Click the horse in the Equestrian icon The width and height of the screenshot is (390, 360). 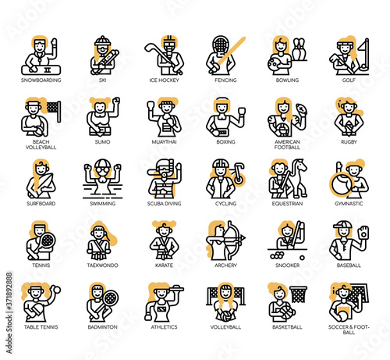pos(300,177)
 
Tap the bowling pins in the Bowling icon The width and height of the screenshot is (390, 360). pos(300,49)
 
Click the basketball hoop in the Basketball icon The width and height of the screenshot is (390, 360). pos(299,294)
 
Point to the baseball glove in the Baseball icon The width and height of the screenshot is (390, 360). pos(363,233)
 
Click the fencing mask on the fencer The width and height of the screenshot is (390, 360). pos(221,44)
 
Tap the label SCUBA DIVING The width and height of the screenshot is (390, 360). pos(164,204)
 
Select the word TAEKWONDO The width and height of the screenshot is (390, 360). pos(102,266)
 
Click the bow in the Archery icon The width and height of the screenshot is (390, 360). pos(235,240)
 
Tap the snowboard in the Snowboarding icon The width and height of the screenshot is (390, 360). pos(41,70)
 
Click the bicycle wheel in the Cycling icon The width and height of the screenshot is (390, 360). pos(238,179)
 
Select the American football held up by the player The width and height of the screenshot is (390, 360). pos(302,108)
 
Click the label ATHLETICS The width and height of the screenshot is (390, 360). pos(164,327)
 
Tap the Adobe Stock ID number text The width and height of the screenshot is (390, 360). pos(9,291)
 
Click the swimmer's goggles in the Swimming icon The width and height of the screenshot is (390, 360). pos(102,170)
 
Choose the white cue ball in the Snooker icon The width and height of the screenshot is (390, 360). pos(302,258)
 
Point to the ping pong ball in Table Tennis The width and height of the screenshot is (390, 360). pos(56,290)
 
